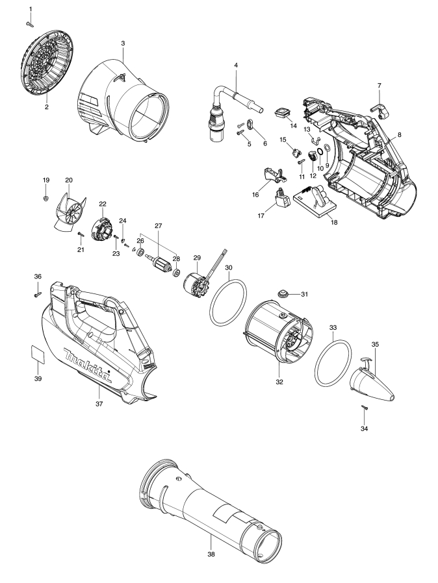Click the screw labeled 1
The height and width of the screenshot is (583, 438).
click(30, 24)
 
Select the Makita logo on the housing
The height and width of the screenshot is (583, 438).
click(88, 366)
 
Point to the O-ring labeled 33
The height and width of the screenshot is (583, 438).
click(333, 364)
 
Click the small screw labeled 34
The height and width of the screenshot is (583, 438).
click(365, 408)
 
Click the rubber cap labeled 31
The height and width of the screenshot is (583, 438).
click(284, 293)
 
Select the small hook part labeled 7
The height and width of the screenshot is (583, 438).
click(380, 111)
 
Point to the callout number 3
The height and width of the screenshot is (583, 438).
click(123, 43)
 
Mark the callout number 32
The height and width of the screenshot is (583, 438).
click(279, 382)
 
